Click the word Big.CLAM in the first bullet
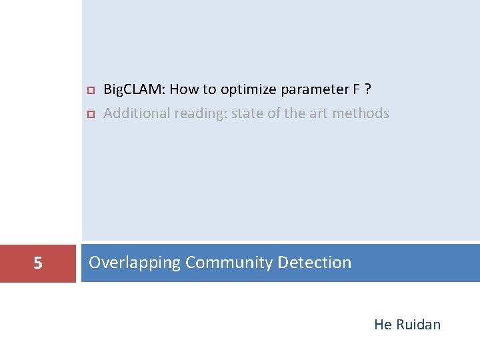[133, 89]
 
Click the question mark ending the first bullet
[369, 89]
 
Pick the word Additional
[137, 113]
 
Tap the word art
[319, 113]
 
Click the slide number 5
[38, 263]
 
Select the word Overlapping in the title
[135, 263]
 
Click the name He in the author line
[383, 325]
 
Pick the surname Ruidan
[418, 325]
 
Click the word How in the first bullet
[184, 89]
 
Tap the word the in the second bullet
[294, 113]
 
